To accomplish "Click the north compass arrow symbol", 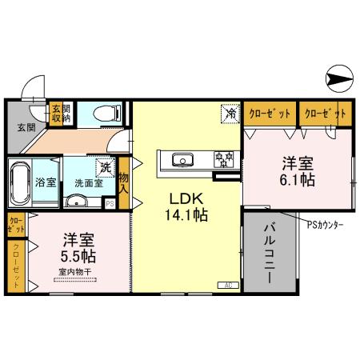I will click(x=338, y=78).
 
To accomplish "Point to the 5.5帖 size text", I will click(x=77, y=257).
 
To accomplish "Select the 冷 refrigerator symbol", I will click(x=230, y=114).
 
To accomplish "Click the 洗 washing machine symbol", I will click(x=105, y=167).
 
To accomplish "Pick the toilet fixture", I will click(x=105, y=114).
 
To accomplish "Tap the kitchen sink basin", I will click(x=182, y=159).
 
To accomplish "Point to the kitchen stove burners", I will click(x=222, y=159).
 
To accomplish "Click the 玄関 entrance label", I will click(x=24, y=126).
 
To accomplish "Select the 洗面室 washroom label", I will click(x=88, y=182).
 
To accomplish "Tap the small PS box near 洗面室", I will click(x=110, y=204).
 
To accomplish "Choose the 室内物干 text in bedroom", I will click(x=75, y=273).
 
